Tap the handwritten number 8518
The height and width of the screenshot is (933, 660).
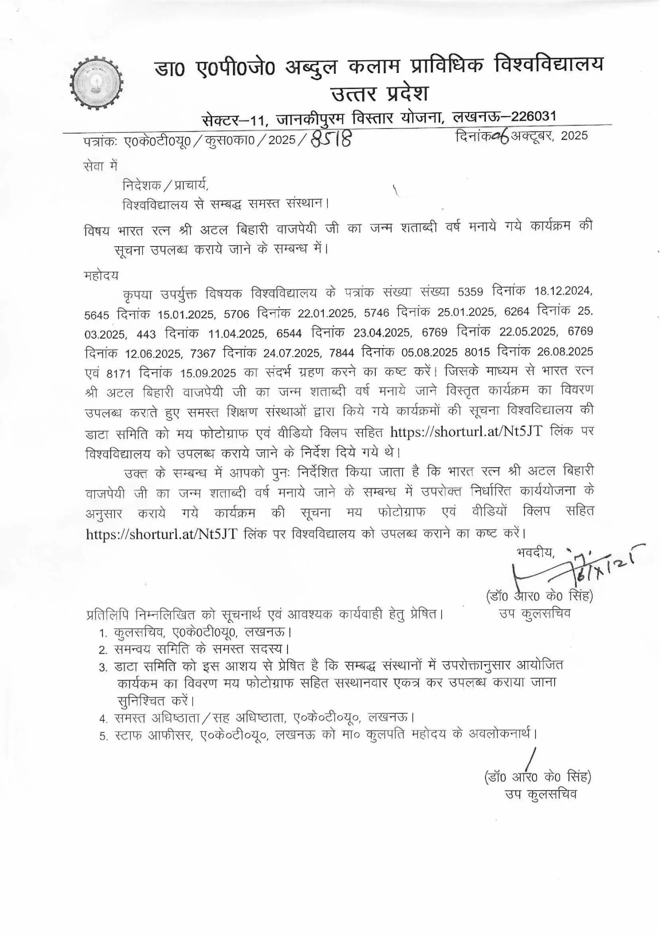coord(330,140)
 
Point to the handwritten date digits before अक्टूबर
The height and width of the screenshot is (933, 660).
coord(499,137)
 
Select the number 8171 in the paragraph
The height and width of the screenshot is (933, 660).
coord(119,372)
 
